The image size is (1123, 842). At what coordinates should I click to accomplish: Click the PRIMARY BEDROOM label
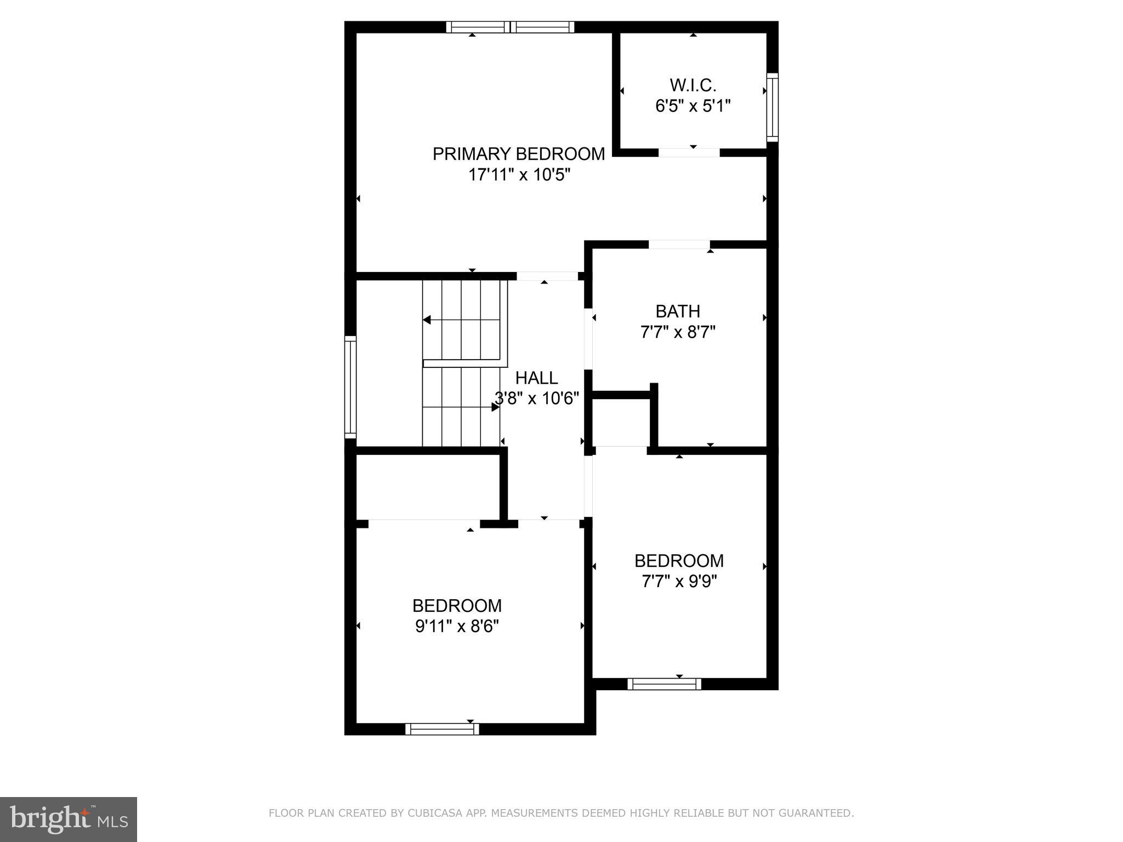click(518, 154)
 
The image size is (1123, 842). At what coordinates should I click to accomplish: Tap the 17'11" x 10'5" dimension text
click(519, 175)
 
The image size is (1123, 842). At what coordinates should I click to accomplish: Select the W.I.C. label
click(693, 86)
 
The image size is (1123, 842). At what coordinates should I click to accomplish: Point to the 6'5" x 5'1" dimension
click(693, 106)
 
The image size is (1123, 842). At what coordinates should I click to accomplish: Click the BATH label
click(678, 311)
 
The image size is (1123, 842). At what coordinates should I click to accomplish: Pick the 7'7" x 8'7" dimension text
click(678, 332)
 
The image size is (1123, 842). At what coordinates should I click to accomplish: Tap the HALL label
click(536, 378)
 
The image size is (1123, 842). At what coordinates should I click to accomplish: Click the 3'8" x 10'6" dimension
click(537, 399)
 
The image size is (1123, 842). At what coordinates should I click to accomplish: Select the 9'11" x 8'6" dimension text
click(457, 626)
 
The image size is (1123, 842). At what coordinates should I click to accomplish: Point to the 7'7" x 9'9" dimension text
click(679, 581)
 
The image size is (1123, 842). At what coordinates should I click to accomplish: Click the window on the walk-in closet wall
click(772, 107)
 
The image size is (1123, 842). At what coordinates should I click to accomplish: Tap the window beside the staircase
click(350, 387)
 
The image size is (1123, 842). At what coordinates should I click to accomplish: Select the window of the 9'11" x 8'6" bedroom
click(442, 729)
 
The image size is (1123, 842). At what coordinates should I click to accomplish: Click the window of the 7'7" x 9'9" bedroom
click(664, 684)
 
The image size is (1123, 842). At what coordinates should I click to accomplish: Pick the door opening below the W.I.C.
click(689, 152)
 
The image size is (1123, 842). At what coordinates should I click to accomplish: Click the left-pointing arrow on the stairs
click(427, 320)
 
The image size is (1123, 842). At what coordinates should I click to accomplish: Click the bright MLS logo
click(69, 820)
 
